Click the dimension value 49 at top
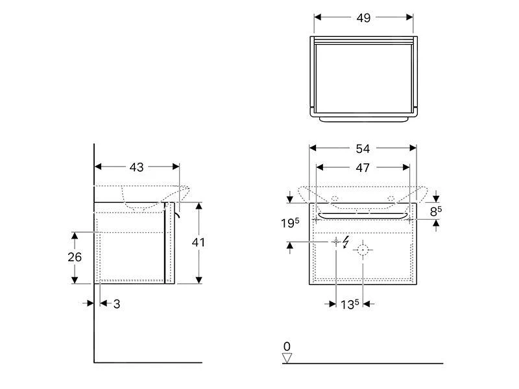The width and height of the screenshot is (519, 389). point(363,18)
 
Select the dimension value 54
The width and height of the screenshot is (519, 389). point(363,148)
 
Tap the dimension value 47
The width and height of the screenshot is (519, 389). point(363,168)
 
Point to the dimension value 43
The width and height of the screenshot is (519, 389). point(136,167)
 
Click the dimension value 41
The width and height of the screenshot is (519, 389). point(199,242)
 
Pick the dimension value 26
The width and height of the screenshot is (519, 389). point(75,257)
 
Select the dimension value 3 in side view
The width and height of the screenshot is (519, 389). point(117,303)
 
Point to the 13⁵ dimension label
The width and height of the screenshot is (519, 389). point(349,303)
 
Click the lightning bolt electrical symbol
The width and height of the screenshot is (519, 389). point(346,242)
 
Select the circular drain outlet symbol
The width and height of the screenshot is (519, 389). point(363,250)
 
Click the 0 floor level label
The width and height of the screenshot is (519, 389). point(287,346)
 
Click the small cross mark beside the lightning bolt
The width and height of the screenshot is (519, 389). point(336,242)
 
